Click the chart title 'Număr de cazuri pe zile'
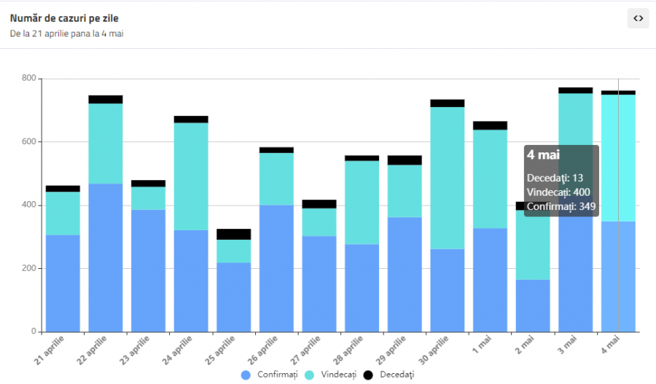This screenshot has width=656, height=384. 64,17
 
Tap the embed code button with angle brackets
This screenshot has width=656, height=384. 638,18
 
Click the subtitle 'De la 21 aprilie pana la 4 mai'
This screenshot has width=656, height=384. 66,34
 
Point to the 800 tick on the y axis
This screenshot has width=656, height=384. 29,78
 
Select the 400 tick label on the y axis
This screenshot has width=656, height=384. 29,205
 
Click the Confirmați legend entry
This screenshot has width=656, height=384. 265,374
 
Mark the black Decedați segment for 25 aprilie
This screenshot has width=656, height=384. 233,234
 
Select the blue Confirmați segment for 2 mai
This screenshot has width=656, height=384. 533,305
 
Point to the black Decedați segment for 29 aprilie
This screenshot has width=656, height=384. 405,160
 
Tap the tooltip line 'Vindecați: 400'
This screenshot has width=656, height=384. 558,192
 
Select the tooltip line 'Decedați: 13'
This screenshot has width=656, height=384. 555,178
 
